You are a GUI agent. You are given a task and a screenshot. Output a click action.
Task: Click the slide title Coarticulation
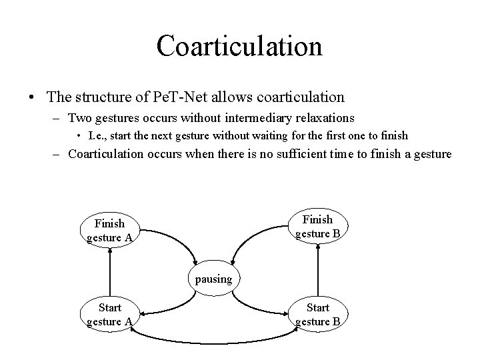point(239,45)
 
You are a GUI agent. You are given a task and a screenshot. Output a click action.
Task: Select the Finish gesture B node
point(317,227)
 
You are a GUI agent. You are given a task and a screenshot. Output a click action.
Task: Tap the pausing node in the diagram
point(213,279)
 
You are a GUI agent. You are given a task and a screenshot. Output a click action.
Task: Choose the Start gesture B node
point(317,315)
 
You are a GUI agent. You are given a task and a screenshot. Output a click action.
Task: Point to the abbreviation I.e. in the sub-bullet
point(97,136)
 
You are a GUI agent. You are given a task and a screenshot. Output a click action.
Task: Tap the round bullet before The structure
point(32,97)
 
